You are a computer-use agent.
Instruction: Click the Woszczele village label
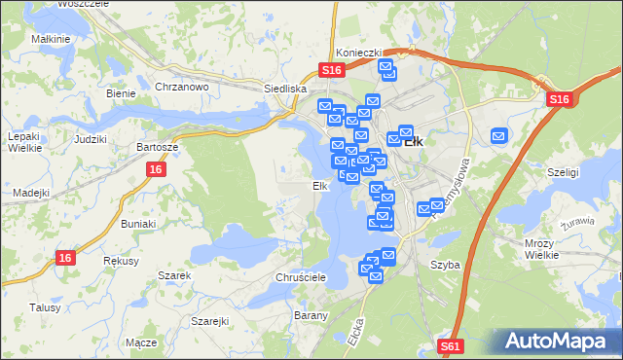[82, 4]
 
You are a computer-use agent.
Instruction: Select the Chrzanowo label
[183, 86]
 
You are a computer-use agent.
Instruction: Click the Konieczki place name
[356, 54]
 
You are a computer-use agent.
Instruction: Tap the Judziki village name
[90, 138]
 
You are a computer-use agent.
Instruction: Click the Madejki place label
[31, 192]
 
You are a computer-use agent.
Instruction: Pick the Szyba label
[444, 265]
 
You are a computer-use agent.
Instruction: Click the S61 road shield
[449, 345]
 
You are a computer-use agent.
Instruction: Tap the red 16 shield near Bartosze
[156, 169]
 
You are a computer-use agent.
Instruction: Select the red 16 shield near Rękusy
[65, 257]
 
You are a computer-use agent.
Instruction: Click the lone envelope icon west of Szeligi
[499, 136]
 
